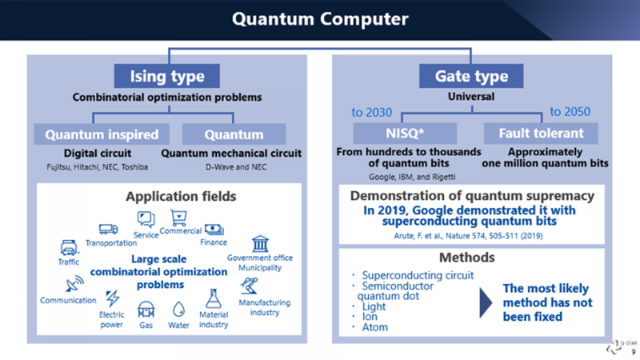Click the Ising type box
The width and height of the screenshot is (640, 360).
click(167, 76)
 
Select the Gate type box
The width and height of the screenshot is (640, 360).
click(471, 76)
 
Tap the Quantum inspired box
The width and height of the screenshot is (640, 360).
click(102, 134)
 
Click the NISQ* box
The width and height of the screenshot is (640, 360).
click(405, 133)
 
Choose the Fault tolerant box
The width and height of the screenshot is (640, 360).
click(541, 133)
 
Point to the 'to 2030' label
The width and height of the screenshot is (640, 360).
click(371, 112)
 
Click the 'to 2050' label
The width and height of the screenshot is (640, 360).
click(570, 111)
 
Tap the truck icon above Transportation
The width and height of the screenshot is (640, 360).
click(108, 230)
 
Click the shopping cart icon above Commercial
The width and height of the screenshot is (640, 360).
click(178, 218)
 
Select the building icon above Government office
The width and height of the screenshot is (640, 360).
click(260, 244)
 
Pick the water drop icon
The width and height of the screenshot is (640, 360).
click(178, 310)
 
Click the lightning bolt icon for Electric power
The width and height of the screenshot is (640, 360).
click(112, 298)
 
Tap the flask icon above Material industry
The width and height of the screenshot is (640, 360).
click(213, 298)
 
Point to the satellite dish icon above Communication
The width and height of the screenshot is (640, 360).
click(74, 284)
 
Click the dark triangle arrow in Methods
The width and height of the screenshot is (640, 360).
click(486, 303)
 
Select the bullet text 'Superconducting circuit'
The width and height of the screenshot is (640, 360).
click(418, 275)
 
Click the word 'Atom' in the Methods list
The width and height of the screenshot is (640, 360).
click(374, 327)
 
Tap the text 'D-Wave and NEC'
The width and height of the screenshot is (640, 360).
click(236, 167)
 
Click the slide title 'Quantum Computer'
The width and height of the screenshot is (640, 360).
click(320, 18)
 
